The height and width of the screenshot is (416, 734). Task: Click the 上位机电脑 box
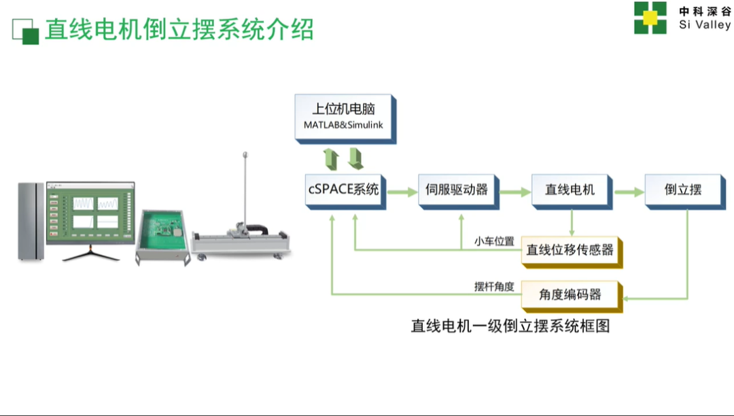pyautogui.click(x=345, y=119)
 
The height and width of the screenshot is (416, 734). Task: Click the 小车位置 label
pyautogui.click(x=494, y=241)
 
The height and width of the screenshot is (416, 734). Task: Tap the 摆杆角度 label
pyautogui.click(x=494, y=286)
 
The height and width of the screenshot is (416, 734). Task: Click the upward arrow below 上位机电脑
pyautogui.click(x=332, y=159)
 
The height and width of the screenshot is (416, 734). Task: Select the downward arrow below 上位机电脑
pyautogui.click(x=355, y=158)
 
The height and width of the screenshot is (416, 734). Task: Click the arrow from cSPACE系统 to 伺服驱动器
pyautogui.click(x=402, y=192)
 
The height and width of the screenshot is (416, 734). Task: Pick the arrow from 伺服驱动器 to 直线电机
pyautogui.click(x=515, y=192)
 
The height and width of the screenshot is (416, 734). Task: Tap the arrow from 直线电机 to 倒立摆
pyautogui.click(x=629, y=192)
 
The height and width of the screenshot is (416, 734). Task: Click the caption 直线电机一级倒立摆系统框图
pyautogui.click(x=510, y=326)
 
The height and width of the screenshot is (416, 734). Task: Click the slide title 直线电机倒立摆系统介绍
pyautogui.click(x=179, y=29)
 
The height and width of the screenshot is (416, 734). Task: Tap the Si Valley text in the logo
pyautogui.click(x=705, y=24)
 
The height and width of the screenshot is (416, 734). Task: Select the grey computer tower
pyautogui.click(x=31, y=222)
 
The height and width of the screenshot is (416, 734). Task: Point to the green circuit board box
pyautogui.click(x=163, y=237)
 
